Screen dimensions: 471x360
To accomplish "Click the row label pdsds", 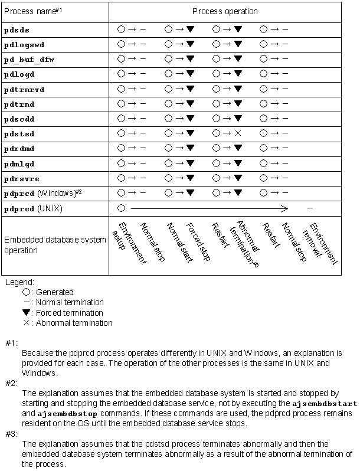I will click(x=17, y=29).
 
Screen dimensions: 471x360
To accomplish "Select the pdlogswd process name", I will click(x=24, y=44).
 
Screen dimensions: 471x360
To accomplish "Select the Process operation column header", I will click(x=225, y=11).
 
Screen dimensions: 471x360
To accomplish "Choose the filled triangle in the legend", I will click(x=25, y=313).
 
